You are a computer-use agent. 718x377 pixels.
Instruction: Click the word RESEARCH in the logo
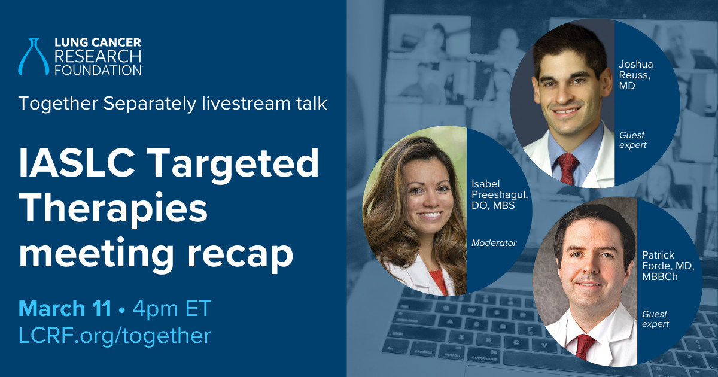98,56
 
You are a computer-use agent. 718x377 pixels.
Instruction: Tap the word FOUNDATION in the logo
98,70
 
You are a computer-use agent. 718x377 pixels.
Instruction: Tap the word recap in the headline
240,255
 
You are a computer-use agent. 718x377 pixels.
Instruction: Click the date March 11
65,308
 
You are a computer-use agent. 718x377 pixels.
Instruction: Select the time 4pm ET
172,308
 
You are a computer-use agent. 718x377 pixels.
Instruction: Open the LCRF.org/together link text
115,335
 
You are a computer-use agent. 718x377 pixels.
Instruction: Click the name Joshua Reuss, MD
635,75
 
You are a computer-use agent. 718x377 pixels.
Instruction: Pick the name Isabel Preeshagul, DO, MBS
500,194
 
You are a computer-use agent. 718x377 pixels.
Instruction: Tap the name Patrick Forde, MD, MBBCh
668,266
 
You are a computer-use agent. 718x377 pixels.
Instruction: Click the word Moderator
494,243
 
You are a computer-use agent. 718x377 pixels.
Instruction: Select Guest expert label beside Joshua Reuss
632,140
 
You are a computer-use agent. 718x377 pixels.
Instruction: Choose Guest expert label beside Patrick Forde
655,319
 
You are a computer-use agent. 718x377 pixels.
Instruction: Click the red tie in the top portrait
568,168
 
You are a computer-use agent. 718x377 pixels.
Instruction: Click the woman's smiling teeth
430,215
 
